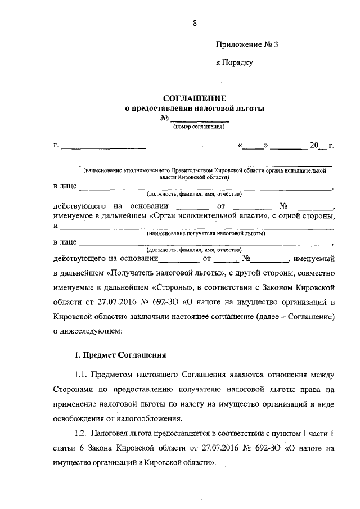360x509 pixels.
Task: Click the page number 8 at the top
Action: [195, 23]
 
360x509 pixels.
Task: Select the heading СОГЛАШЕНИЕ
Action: [195, 98]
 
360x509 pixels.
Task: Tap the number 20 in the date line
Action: [314, 146]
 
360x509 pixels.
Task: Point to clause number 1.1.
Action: [82, 375]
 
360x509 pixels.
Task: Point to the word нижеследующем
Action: [91, 332]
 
